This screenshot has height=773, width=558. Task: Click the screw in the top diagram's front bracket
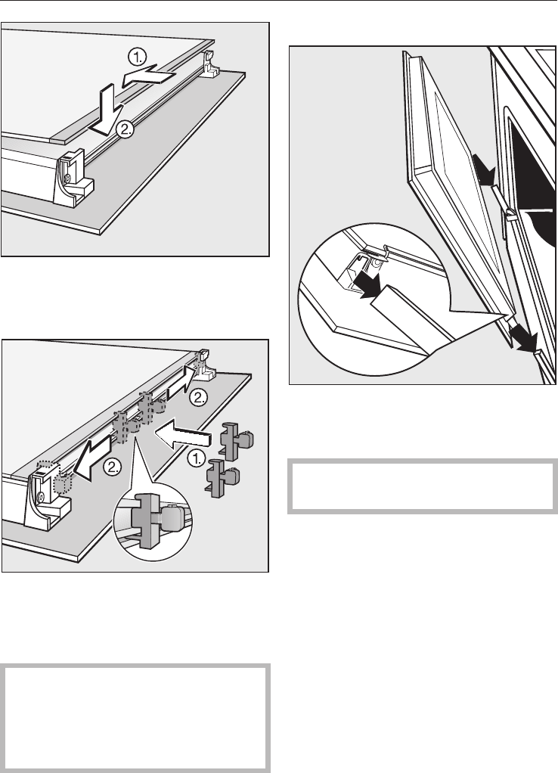coord(69,179)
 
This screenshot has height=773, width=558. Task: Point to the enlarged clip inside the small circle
coord(153,522)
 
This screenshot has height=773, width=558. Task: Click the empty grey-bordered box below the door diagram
coord(423,486)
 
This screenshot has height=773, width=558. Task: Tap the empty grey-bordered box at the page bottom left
coord(135,719)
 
